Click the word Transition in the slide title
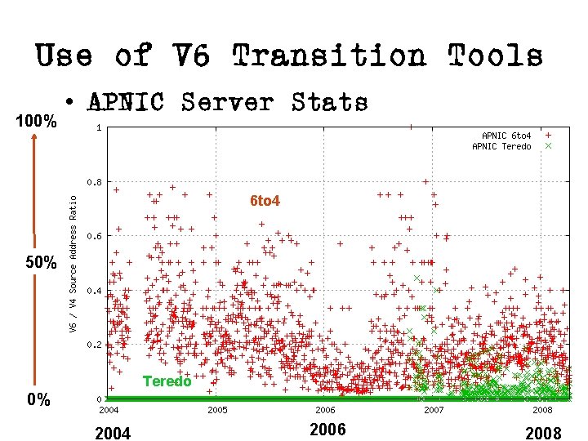click(x=328, y=56)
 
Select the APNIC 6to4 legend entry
click(x=506, y=136)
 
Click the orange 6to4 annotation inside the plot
click(x=265, y=200)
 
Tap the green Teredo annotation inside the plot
click(x=167, y=381)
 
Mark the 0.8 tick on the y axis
click(x=96, y=182)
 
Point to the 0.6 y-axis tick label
click(x=96, y=236)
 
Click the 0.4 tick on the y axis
click(x=96, y=291)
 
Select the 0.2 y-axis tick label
click(x=96, y=345)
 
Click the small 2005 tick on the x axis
click(x=216, y=409)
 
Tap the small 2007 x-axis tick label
click(x=434, y=409)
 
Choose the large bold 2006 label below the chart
click(x=328, y=430)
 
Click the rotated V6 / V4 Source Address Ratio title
click(x=73, y=261)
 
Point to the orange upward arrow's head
click(x=34, y=138)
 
